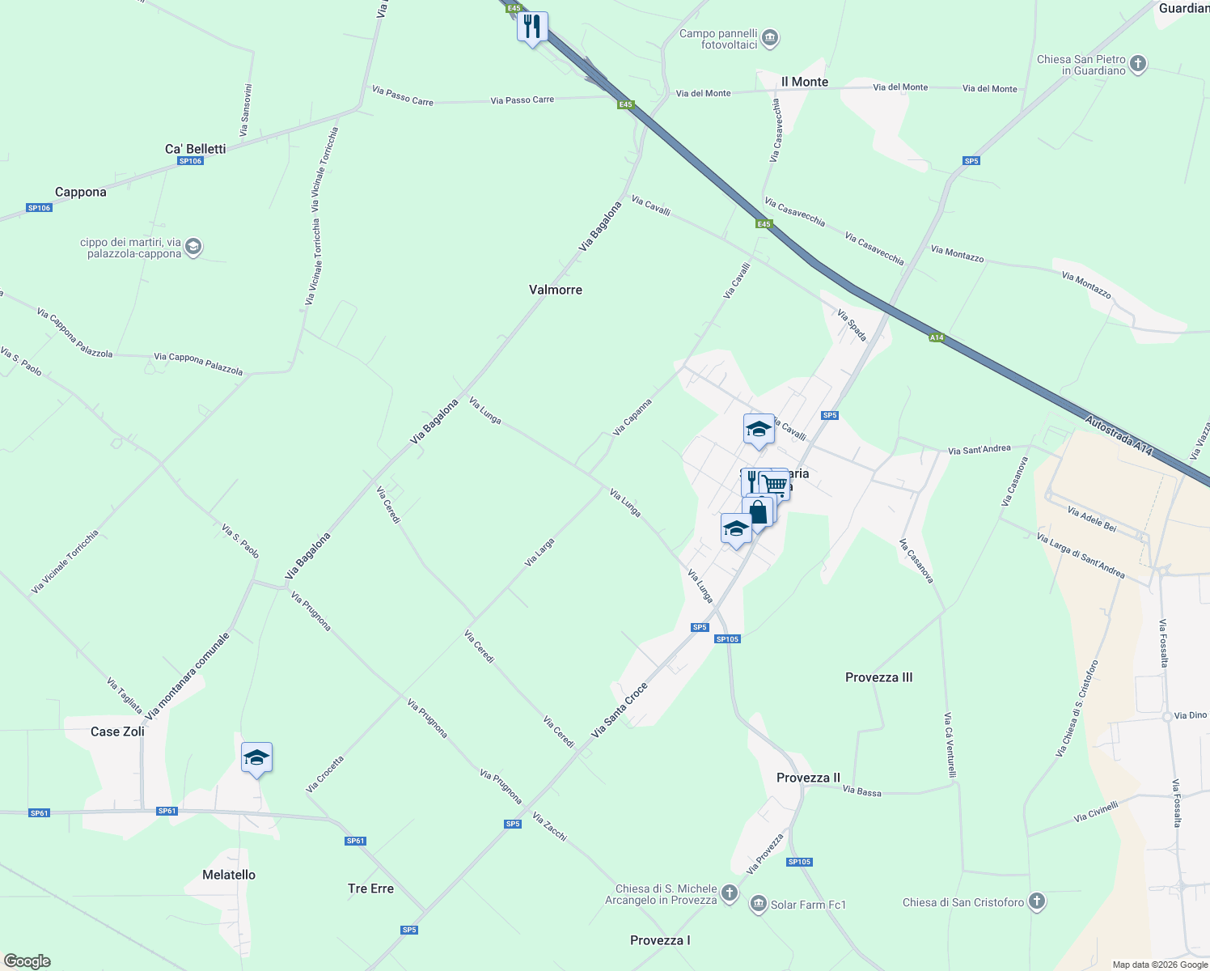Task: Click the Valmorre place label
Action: [555, 290]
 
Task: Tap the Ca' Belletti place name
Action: [195, 149]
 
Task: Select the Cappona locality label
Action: [80, 192]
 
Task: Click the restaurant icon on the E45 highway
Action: [532, 27]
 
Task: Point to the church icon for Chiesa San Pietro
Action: [1137, 64]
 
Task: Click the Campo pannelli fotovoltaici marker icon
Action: [770, 37]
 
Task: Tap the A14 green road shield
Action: [937, 337]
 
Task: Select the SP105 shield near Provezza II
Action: [799, 862]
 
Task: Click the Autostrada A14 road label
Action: [1118, 435]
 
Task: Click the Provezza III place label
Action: [878, 677]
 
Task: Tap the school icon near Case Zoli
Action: [256, 758]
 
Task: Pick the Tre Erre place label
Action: [370, 888]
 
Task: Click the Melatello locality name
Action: [228, 875]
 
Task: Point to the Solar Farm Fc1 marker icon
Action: [758, 904]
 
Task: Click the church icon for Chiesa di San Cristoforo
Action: [1036, 901]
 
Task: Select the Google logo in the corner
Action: [27, 961]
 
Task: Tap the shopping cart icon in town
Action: [776, 484]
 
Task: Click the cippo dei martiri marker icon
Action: [192, 247]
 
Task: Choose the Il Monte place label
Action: [805, 82]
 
